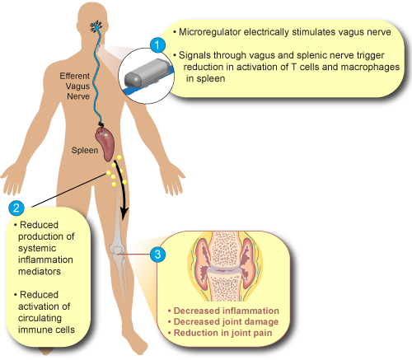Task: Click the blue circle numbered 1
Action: click(x=157, y=44)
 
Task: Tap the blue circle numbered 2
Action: click(x=16, y=208)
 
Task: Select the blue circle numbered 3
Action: click(x=157, y=255)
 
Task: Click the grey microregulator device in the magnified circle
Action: click(x=146, y=72)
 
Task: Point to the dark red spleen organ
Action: click(x=105, y=143)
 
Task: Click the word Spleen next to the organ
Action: click(x=85, y=150)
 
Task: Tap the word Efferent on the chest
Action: click(x=75, y=76)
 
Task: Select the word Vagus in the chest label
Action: click(x=77, y=86)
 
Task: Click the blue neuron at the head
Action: click(x=96, y=26)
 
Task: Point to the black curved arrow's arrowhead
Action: click(x=124, y=214)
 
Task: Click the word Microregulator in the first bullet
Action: click(x=210, y=32)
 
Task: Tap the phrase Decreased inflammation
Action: click(x=227, y=311)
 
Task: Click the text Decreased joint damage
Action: click(x=226, y=321)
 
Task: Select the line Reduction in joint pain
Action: click(x=222, y=333)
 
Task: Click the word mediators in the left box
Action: click(x=40, y=271)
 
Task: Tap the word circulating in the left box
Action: click(x=40, y=318)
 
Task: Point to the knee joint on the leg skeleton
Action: click(x=116, y=250)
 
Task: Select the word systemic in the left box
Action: click(x=37, y=248)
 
